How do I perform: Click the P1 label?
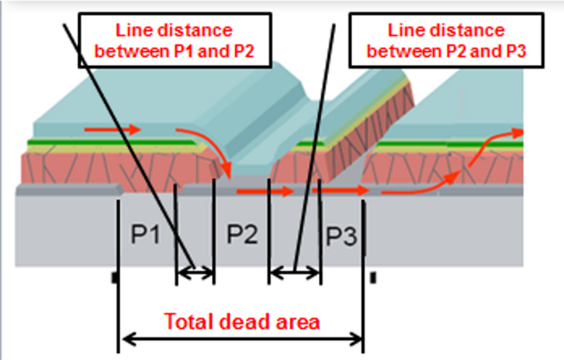pos(145,234)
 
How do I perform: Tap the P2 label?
pos(241,234)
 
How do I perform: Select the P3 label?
pos(340,237)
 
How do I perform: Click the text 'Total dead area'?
pos(240,320)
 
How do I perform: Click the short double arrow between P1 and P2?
pos(195,272)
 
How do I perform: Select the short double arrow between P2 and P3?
pos(294,272)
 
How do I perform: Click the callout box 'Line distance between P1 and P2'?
pos(174,40)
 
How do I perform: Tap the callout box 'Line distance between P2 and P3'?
pos(446,40)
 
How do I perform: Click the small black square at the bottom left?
pos(114,276)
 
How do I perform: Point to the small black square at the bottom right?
pos(373,276)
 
